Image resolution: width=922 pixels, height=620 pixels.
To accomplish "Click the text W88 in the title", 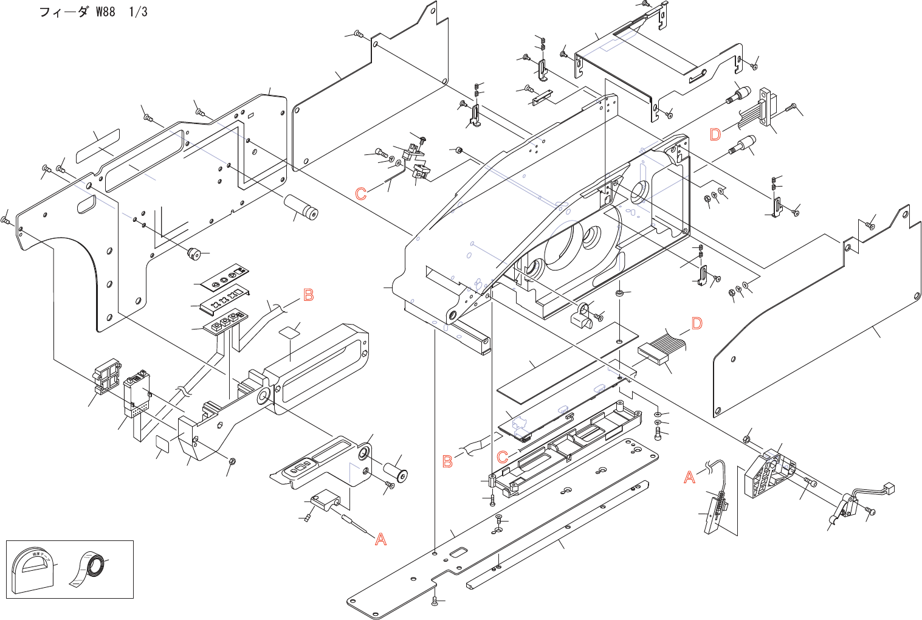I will point(105,12).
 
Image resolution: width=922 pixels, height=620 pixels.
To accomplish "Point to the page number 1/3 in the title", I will point(138,12).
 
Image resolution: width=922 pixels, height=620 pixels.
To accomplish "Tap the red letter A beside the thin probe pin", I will point(380,539).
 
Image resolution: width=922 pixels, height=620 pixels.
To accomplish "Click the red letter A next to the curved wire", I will point(689,477).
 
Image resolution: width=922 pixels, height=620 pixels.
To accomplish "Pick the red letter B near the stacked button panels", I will point(308,295).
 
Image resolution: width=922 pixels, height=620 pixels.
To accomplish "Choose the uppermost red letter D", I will point(715,134).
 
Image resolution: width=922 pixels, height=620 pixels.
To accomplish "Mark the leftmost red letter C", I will point(361,194).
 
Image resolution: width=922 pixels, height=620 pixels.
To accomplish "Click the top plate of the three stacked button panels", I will point(225,277).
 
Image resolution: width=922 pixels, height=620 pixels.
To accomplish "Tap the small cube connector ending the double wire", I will point(889,487).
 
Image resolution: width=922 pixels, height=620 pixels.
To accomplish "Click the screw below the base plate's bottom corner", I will point(434,601).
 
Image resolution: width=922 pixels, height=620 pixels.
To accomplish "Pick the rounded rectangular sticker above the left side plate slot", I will point(98,146).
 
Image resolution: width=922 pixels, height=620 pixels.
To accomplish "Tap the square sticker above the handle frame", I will point(291,331).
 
